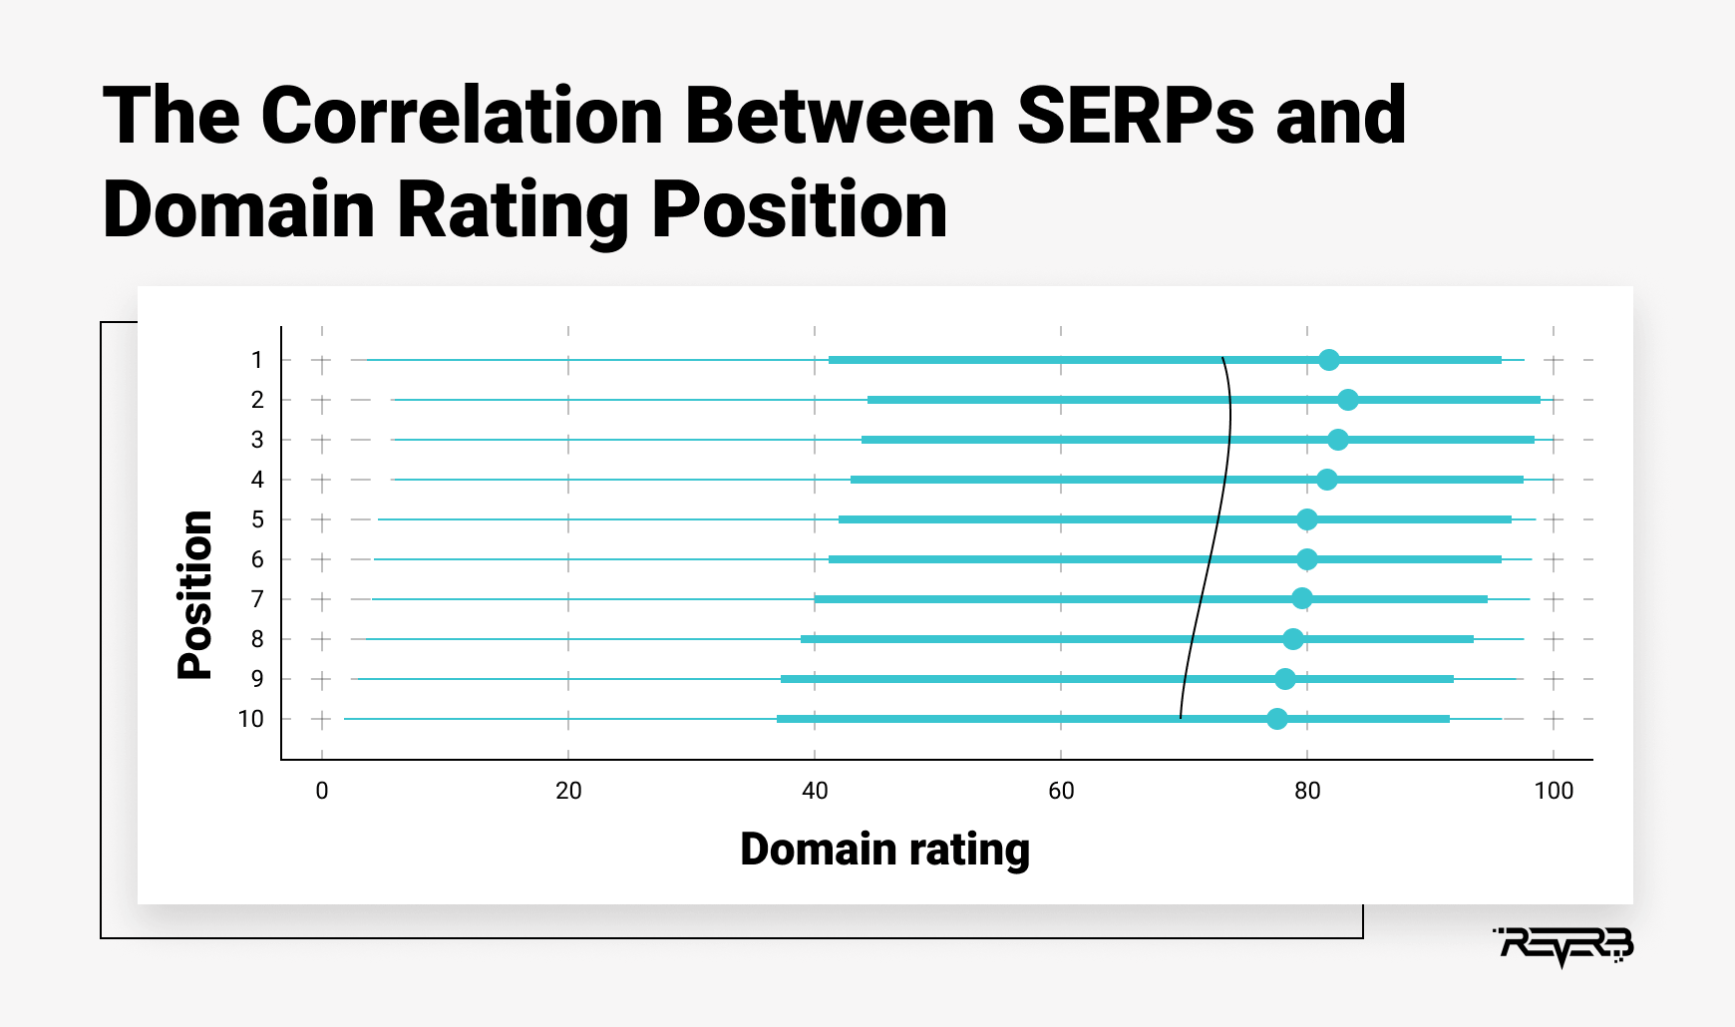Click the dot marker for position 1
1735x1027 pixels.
coord(1328,360)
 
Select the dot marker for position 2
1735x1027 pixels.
coord(1347,400)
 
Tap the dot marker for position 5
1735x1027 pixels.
coord(1306,519)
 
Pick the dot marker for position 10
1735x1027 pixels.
coord(1276,719)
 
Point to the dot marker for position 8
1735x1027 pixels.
coord(1292,639)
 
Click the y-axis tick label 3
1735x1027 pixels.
coord(257,440)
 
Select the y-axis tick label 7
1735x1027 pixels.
coord(257,599)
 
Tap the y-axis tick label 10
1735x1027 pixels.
coord(250,719)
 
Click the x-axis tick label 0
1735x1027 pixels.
coord(322,791)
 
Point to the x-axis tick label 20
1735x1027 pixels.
coord(568,791)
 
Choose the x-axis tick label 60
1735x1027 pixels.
coord(1061,791)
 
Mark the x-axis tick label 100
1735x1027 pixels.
coord(1554,791)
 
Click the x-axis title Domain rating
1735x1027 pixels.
coord(884,850)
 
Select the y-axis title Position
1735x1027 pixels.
coord(194,595)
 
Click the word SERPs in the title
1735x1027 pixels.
coord(1135,116)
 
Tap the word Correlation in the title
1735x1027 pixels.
coord(462,116)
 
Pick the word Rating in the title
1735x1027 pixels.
coord(513,212)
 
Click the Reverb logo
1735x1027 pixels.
coord(1562,945)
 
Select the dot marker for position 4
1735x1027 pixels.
coord(1326,480)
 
